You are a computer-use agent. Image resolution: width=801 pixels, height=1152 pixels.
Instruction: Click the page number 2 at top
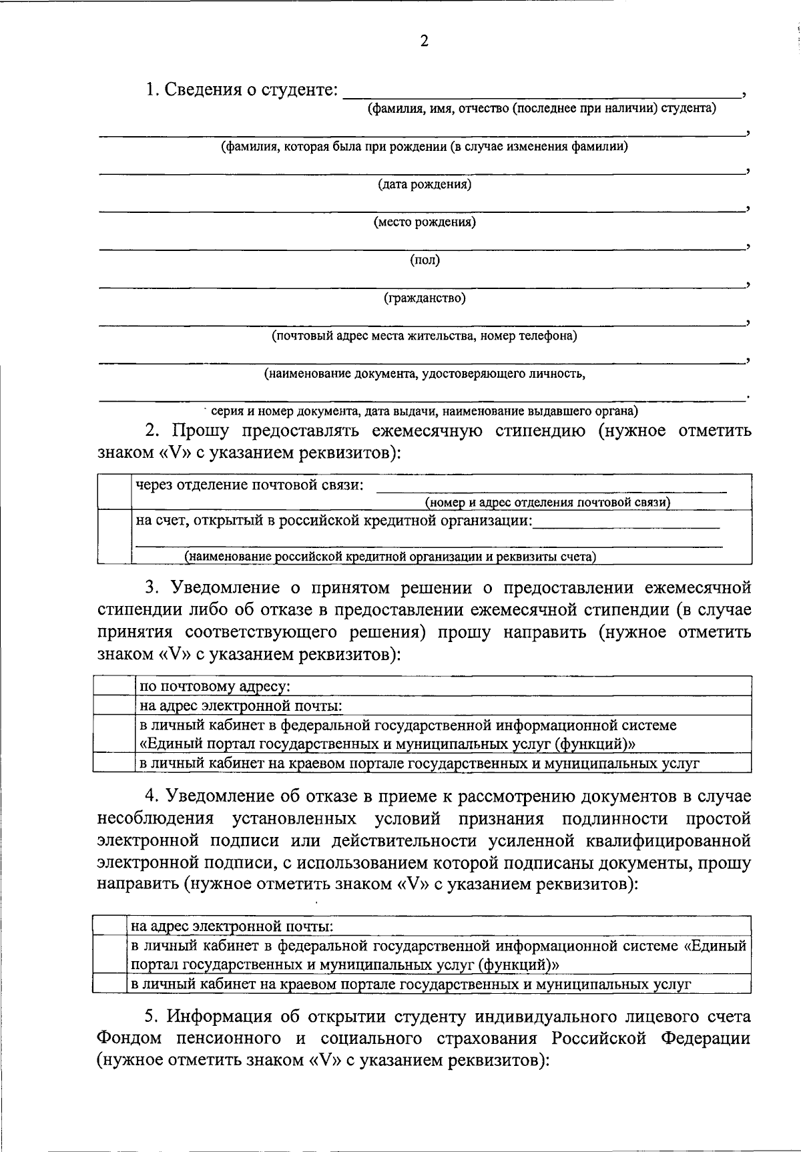pyautogui.click(x=424, y=42)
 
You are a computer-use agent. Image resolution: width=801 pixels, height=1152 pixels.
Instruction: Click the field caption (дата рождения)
pyautogui.click(x=424, y=184)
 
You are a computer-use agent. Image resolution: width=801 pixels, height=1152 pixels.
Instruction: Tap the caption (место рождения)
pyautogui.click(x=424, y=222)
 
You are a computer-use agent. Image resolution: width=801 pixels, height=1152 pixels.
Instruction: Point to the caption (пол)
pyautogui.click(x=425, y=260)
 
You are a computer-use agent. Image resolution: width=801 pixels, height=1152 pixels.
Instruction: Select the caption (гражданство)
pyautogui.click(x=424, y=298)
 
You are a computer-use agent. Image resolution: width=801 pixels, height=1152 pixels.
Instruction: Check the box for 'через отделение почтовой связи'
pyautogui.click(x=114, y=492)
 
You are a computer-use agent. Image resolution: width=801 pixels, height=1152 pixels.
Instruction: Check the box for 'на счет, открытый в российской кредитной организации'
pyautogui.click(x=114, y=537)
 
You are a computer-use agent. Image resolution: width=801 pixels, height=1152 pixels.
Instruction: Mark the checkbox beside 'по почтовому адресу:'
pyautogui.click(x=113, y=686)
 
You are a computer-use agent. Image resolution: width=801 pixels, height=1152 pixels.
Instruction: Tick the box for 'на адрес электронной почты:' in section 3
pyautogui.click(x=113, y=705)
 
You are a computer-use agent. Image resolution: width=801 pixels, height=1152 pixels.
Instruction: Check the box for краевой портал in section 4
pyautogui.click(x=109, y=984)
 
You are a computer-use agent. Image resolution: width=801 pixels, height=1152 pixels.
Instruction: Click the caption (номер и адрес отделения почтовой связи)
pyautogui.click(x=547, y=503)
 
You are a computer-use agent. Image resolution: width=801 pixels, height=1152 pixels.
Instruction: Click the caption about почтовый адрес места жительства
pyautogui.click(x=424, y=336)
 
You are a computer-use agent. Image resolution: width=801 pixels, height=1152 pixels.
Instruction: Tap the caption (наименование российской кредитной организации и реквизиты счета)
pyautogui.click(x=390, y=556)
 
